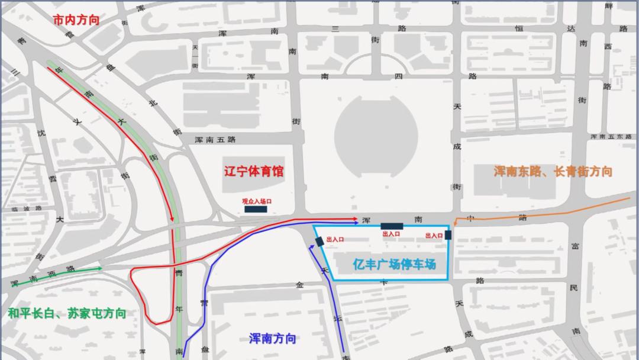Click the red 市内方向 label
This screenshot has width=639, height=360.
[76, 20]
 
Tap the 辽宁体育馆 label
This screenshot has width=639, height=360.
[254, 172]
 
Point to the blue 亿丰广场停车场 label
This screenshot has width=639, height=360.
[394, 264]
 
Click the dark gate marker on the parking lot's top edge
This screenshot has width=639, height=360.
[392, 226]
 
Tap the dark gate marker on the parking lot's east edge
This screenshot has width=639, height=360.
[448, 235]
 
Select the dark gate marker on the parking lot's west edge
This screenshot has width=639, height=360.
[319, 241]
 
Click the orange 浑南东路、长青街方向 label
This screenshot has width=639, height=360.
[553, 172]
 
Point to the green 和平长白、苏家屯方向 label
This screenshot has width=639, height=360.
[67, 313]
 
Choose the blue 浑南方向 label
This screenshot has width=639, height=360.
[272, 339]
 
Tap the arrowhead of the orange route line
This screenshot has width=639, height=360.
[472, 220]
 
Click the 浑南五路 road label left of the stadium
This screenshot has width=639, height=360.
[215, 140]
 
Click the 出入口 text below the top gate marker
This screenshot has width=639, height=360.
[392, 234]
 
